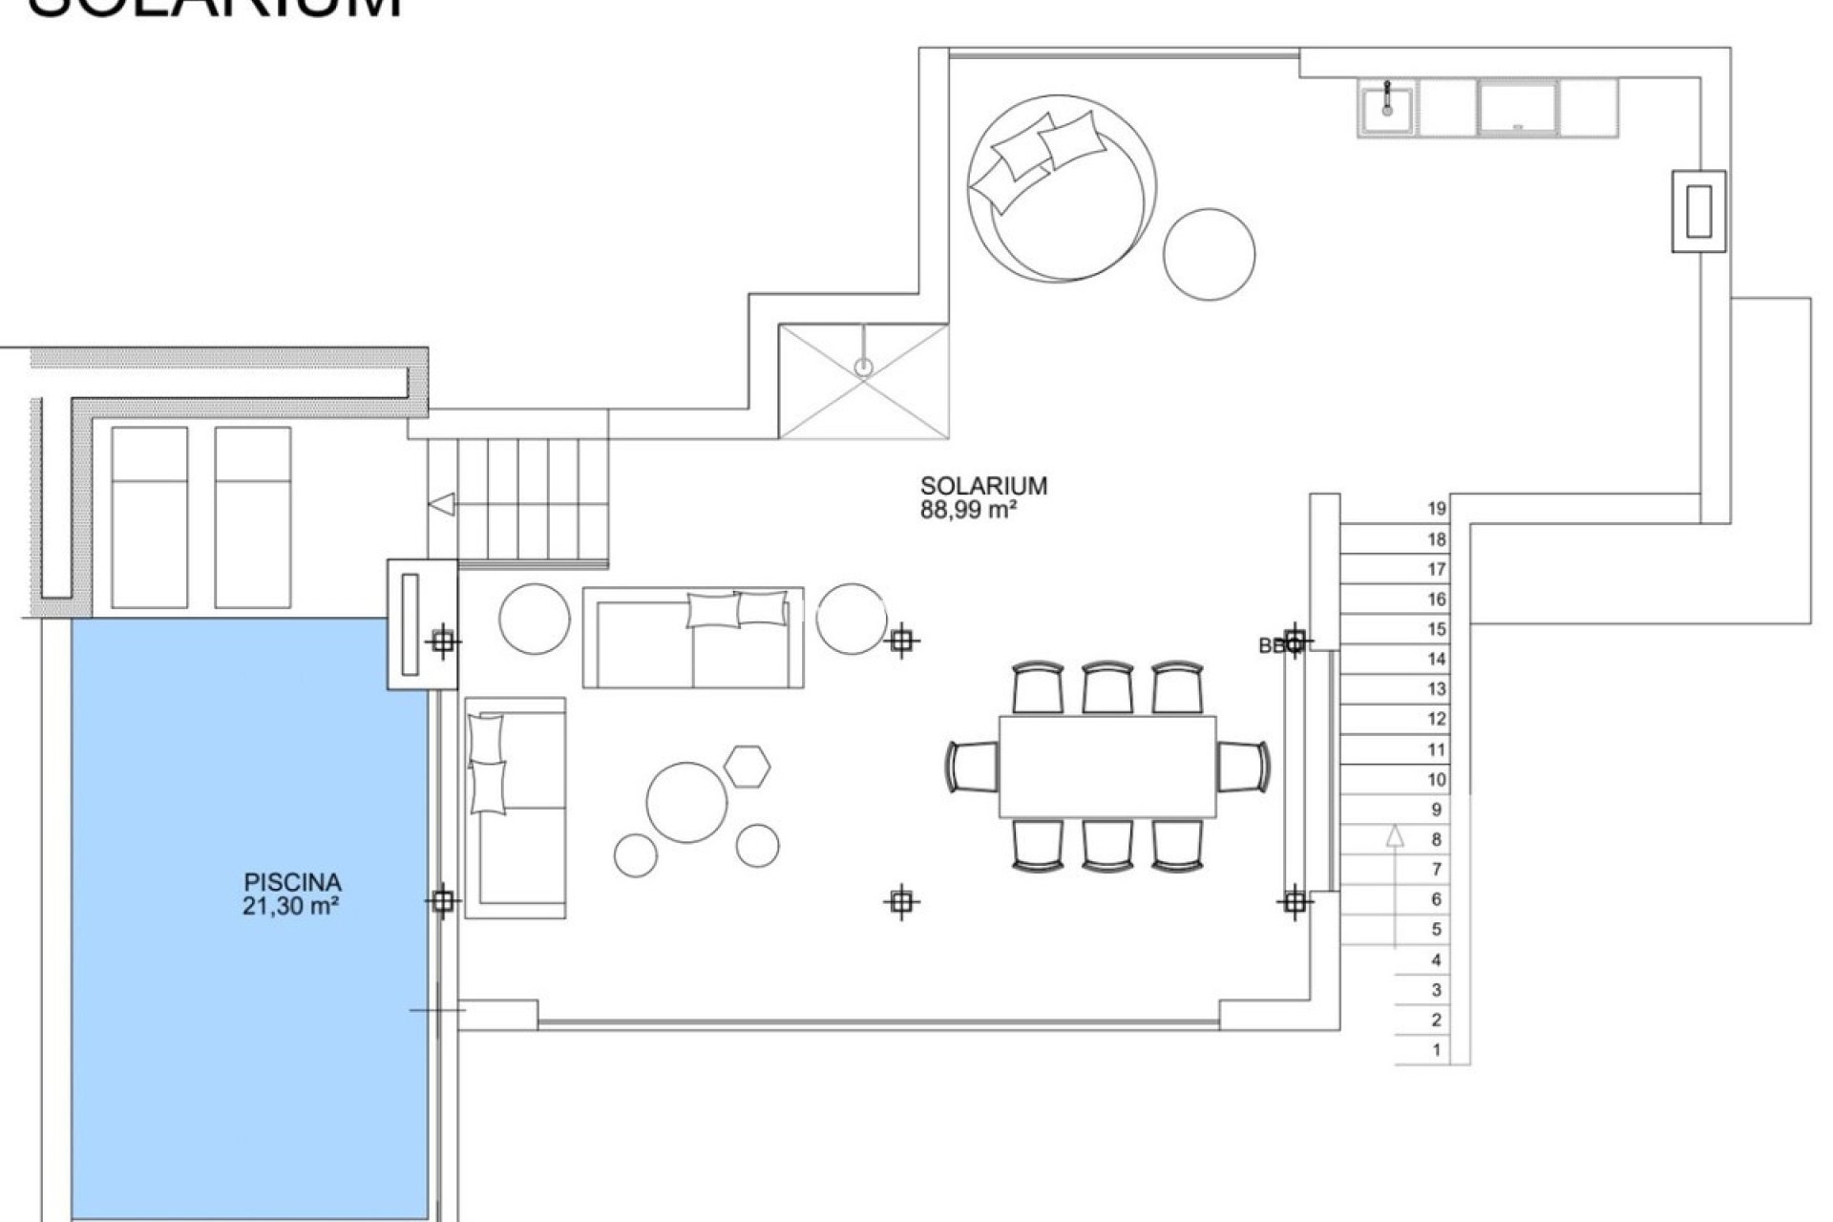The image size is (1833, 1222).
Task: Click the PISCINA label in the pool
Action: [292, 882]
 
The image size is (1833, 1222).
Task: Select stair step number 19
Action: [1437, 509]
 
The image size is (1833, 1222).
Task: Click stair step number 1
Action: [1437, 1050]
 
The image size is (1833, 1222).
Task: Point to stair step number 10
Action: [1437, 780]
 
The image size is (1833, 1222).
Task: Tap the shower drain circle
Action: [863, 366]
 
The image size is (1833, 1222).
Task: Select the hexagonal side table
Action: [747, 765]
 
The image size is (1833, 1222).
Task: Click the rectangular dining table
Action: [1107, 767]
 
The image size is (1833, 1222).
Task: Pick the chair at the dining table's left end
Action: [972, 766]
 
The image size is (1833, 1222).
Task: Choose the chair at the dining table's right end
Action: [1244, 766]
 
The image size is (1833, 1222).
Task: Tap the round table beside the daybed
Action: [1209, 255]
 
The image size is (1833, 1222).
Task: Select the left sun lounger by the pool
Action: [149, 516]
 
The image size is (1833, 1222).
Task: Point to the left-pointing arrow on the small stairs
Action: [441, 505]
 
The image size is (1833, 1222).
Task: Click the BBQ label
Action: [1273, 646]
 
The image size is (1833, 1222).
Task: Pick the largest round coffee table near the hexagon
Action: [687, 801]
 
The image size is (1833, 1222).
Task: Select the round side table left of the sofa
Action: [535, 620]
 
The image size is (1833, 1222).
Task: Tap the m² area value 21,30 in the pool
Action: [292, 906]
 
